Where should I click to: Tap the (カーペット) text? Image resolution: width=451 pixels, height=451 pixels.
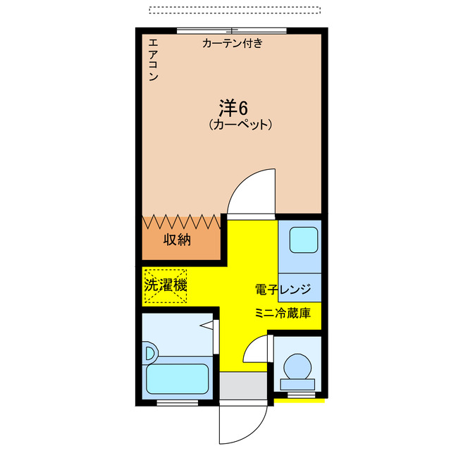(240, 125)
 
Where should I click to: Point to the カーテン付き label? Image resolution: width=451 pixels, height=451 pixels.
(232, 44)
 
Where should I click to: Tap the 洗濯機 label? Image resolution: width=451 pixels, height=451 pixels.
(166, 285)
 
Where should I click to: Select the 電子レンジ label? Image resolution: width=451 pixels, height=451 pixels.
(283, 289)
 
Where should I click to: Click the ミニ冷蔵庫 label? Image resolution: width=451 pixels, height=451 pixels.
(283, 313)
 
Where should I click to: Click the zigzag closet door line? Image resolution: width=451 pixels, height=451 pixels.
(182, 221)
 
